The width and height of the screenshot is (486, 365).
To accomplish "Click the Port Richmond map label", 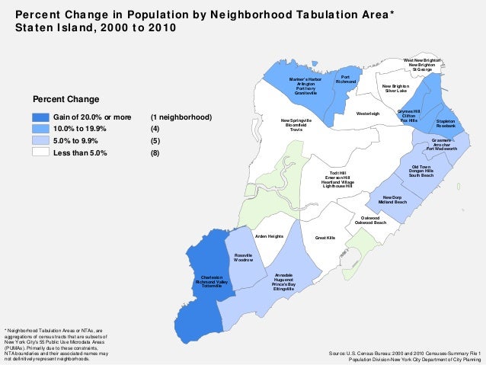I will click(x=346, y=79).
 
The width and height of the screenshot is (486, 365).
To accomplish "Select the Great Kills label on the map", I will click(x=325, y=238).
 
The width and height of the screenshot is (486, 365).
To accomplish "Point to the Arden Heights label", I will click(x=269, y=235).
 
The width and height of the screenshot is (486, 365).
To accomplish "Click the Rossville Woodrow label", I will click(x=243, y=258).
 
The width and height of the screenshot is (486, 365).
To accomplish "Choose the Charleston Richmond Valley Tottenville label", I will click(x=212, y=282).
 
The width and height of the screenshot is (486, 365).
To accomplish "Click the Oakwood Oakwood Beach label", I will click(x=370, y=219).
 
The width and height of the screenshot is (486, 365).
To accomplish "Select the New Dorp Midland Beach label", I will click(x=392, y=200).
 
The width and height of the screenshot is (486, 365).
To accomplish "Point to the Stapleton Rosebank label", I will click(x=446, y=123).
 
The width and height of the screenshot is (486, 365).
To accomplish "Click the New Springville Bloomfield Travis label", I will click(x=296, y=125).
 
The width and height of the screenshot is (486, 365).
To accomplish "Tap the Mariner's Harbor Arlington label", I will click(x=305, y=85).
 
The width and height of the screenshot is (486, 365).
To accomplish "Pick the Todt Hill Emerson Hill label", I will click(x=337, y=180).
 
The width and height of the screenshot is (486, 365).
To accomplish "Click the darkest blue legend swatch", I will click(x=40, y=118).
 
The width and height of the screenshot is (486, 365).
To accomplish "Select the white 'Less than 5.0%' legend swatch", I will click(x=40, y=152).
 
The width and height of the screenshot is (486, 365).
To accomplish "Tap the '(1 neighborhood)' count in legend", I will click(x=181, y=118).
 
